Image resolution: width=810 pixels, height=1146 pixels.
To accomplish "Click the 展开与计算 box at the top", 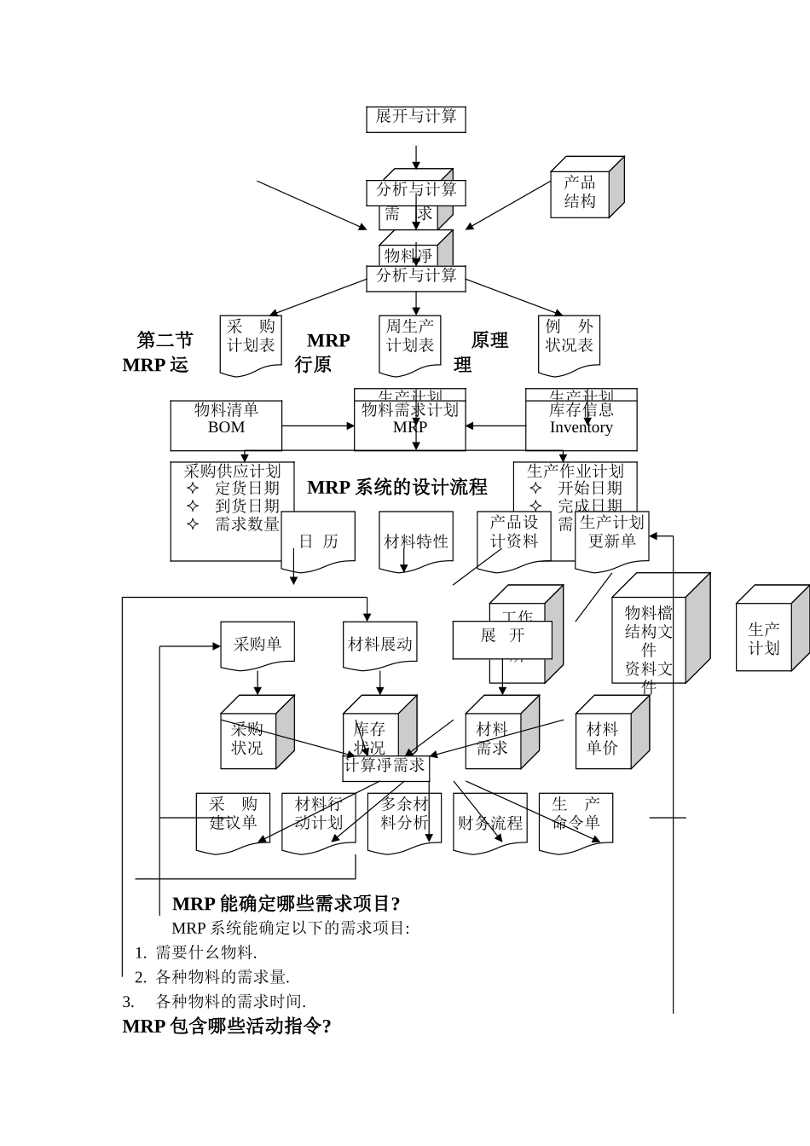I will coord(416,118).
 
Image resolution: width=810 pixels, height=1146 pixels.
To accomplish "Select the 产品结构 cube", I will coord(581,193).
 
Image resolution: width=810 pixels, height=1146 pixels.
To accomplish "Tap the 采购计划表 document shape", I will coord(251,341).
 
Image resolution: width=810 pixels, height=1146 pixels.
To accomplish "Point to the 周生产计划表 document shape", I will coord(410,341).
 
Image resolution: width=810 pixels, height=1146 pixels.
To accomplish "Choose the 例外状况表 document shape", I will coord(569,341).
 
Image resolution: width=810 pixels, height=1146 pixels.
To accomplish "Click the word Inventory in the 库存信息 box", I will coord(581,428).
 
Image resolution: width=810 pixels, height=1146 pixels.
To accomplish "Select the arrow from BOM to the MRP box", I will coord(317,425).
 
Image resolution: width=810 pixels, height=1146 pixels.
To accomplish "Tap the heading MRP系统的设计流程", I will coord(397,487).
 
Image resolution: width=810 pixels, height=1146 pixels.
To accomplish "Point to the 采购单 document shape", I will coord(257,645).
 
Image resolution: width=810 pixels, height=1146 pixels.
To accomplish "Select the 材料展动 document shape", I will coord(380,645).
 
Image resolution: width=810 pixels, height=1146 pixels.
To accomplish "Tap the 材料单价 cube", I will coord(603,738).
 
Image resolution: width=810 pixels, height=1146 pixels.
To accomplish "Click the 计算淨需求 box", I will coord(385,766).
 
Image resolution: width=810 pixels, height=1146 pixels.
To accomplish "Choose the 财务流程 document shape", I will coord(490,823).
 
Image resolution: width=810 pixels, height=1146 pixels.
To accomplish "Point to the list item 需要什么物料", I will coord(205,952).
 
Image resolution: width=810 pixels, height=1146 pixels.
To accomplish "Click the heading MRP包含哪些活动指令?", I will coord(227,1026).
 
